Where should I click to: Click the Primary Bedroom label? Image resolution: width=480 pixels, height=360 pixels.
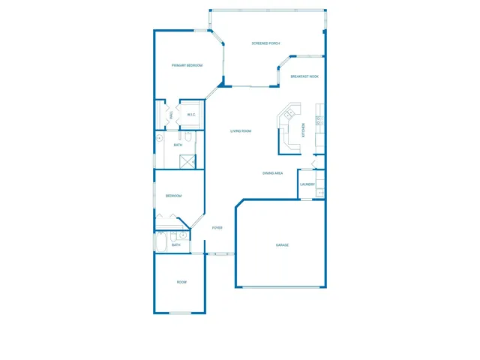[x=187, y=65]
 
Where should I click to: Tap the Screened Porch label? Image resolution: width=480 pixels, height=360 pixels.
[x=265, y=43]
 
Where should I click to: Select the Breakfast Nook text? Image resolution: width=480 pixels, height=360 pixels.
[x=304, y=76]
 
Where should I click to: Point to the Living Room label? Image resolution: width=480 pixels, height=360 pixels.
[x=240, y=131]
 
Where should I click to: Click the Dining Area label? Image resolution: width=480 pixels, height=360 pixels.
[x=272, y=173]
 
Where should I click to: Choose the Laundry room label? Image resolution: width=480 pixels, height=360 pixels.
[x=307, y=184]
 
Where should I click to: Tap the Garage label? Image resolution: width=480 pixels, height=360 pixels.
[x=282, y=245]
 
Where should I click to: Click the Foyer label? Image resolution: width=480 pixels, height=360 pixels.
[x=217, y=227]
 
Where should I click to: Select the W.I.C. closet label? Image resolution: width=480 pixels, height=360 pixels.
[x=191, y=115]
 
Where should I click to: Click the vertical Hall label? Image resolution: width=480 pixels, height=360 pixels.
[x=171, y=115]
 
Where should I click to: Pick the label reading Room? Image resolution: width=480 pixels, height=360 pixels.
[x=181, y=282]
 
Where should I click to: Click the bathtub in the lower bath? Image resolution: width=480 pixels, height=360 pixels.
[x=162, y=244]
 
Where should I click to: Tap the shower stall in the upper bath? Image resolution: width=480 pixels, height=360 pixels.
[x=187, y=160]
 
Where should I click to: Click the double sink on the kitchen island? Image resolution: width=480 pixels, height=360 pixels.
[x=289, y=114]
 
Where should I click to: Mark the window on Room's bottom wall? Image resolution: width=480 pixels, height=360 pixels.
[x=180, y=313]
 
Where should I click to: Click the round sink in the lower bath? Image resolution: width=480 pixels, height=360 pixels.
[x=183, y=235]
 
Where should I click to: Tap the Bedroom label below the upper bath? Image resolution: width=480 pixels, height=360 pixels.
[x=174, y=196]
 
